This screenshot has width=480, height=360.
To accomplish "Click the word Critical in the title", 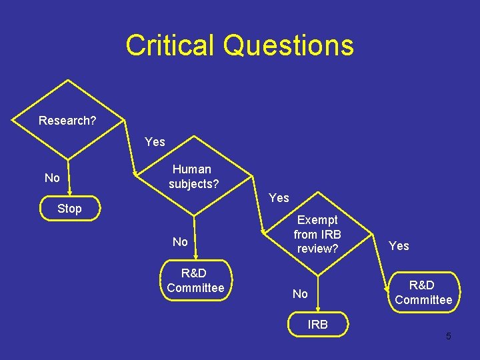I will (x=171, y=45).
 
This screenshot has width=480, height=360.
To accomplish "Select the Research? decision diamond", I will (x=67, y=121).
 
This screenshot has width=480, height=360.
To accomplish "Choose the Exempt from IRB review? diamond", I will (x=317, y=234).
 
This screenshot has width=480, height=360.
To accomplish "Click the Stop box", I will (x=69, y=209).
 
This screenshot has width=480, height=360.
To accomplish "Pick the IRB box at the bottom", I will (x=318, y=325).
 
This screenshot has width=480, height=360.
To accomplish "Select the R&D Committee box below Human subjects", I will (x=195, y=281).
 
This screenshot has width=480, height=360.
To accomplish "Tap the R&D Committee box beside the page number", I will (x=423, y=293).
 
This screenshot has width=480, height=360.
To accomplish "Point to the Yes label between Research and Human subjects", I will (x=155, y=142).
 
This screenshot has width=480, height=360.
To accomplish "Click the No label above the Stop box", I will (x=51, y=178).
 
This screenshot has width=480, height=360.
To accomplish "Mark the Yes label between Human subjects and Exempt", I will (x=279, y=198).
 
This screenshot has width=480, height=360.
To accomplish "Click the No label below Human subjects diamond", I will (x=180, y=242).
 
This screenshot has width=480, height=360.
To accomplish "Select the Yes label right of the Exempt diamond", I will (x=399, y=246).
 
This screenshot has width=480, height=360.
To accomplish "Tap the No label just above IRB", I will (x=300, y=294).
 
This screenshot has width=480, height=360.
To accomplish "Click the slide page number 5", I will (x=448, y=336).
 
